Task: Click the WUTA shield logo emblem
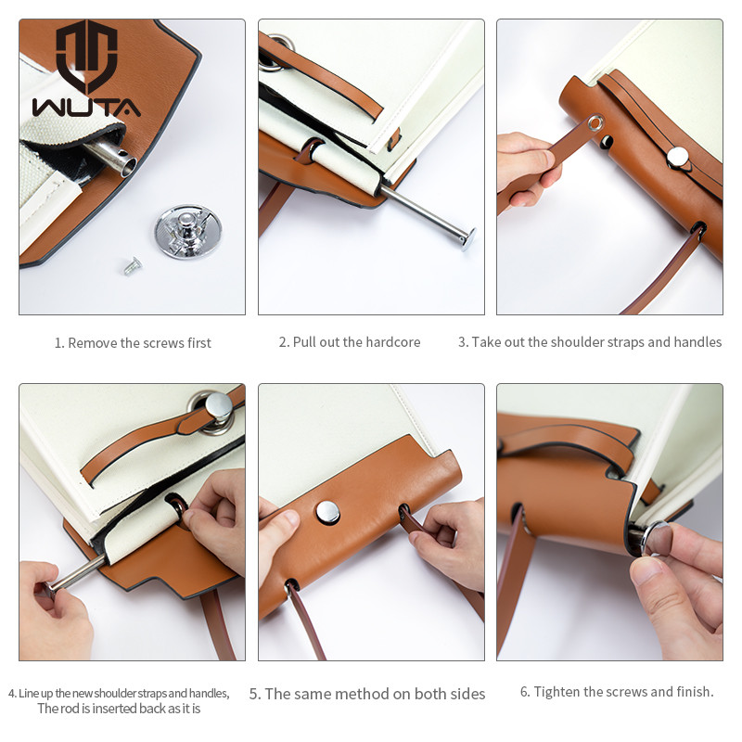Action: coord(86,56)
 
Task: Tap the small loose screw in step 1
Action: coord(133,266)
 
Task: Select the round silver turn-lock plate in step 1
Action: coord(188,232)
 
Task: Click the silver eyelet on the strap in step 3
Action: coord(595,124)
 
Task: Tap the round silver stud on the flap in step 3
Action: coord(678,158)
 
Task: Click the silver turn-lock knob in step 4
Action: coord(218,406)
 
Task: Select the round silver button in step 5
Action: coord(327,513)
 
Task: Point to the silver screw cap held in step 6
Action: coord(658,538)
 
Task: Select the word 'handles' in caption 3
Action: coord(697,341)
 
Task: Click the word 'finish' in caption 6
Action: coord(695,692)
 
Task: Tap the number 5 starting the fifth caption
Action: coord(254,694)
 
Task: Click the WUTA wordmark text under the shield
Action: coord(86,107)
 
